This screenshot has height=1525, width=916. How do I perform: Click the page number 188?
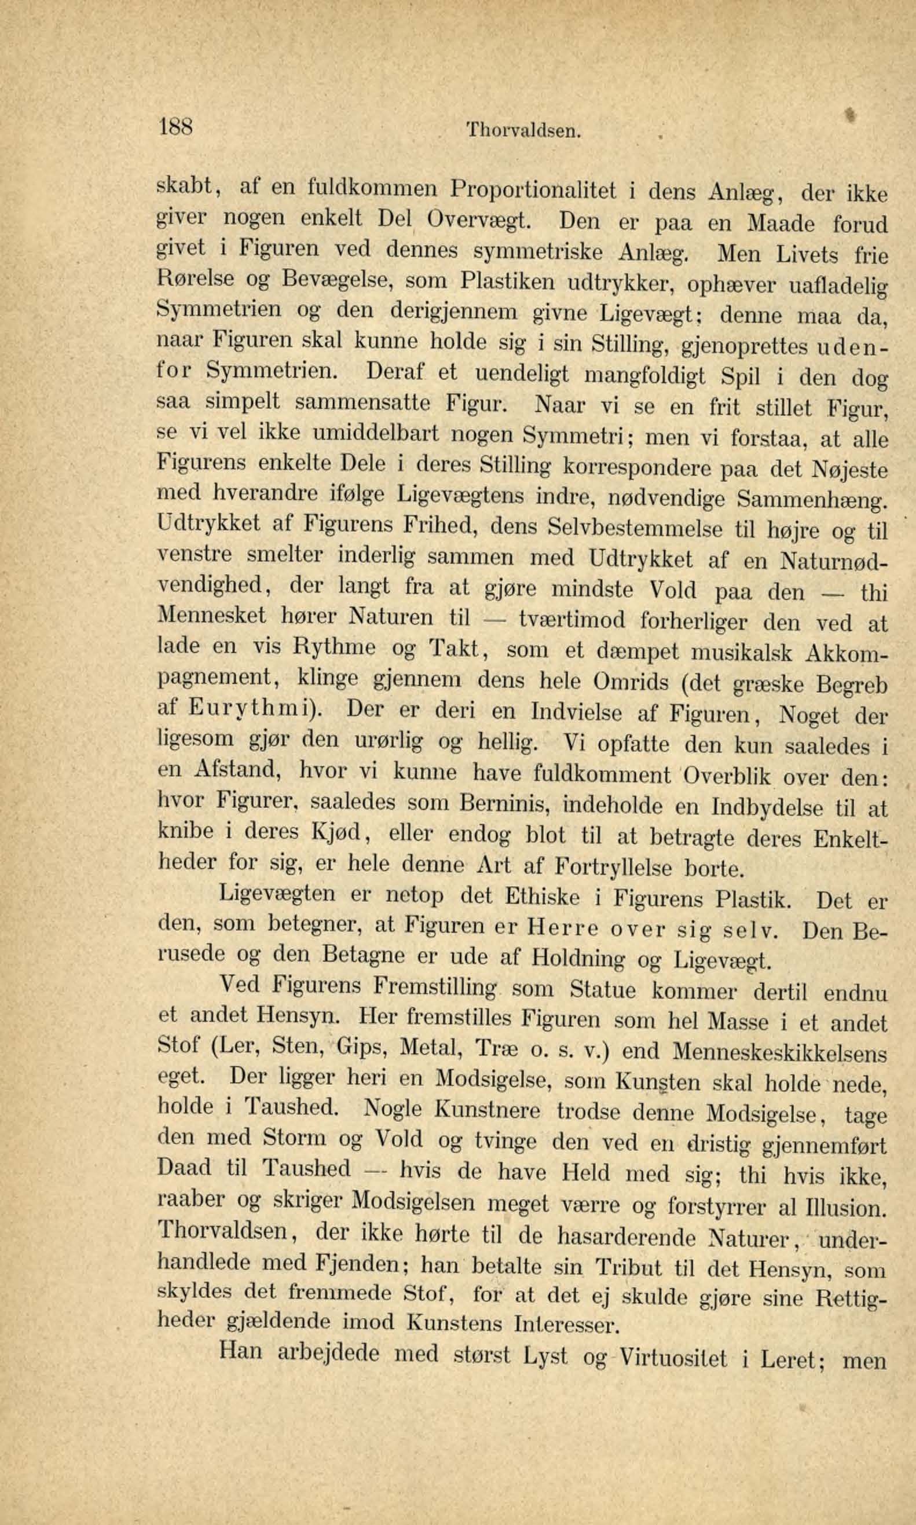tap(177, 127)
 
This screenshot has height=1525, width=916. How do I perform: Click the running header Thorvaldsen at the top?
tap(524, 130)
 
